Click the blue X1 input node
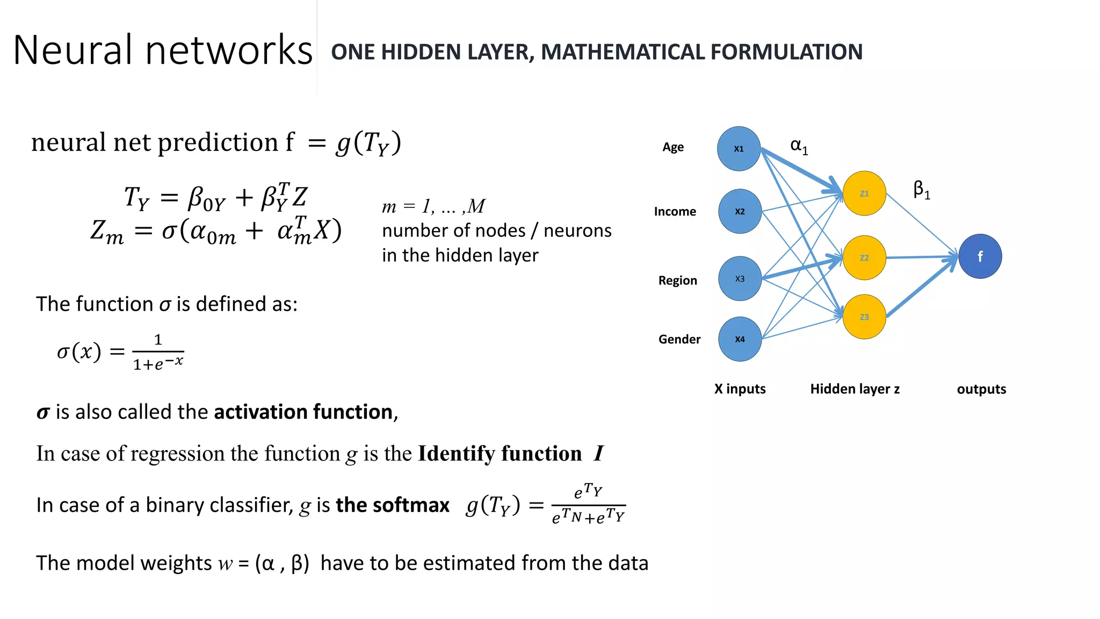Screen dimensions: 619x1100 tap(739, 149)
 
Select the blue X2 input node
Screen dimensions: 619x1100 tap(740, 211)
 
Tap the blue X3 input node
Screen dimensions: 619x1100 tap(740, 279)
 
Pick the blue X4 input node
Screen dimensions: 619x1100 tap(740, 339)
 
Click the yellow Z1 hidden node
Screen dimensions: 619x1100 tap(864, 193)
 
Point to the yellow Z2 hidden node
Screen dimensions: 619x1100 tap(864, 258)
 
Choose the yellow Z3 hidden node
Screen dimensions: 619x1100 tap(864, 317)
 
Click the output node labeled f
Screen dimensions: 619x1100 tap(980, 256)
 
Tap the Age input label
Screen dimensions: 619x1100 tap(673, 147)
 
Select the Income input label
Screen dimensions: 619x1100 tap(675, 212)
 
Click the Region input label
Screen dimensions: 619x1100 tap(677, 280)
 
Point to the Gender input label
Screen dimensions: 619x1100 tap(679, 340)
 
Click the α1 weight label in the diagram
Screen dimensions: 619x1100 tap(799, 146)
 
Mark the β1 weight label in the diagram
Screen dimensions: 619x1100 tap(922, 190)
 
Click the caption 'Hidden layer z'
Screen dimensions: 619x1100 tap(855, 389)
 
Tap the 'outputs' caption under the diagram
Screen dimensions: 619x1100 tap(981, 390)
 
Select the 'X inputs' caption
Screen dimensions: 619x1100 tap(740, 389)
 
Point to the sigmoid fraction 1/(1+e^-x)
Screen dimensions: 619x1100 tap(158, 352)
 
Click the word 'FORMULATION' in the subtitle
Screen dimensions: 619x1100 tap(786, 52)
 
